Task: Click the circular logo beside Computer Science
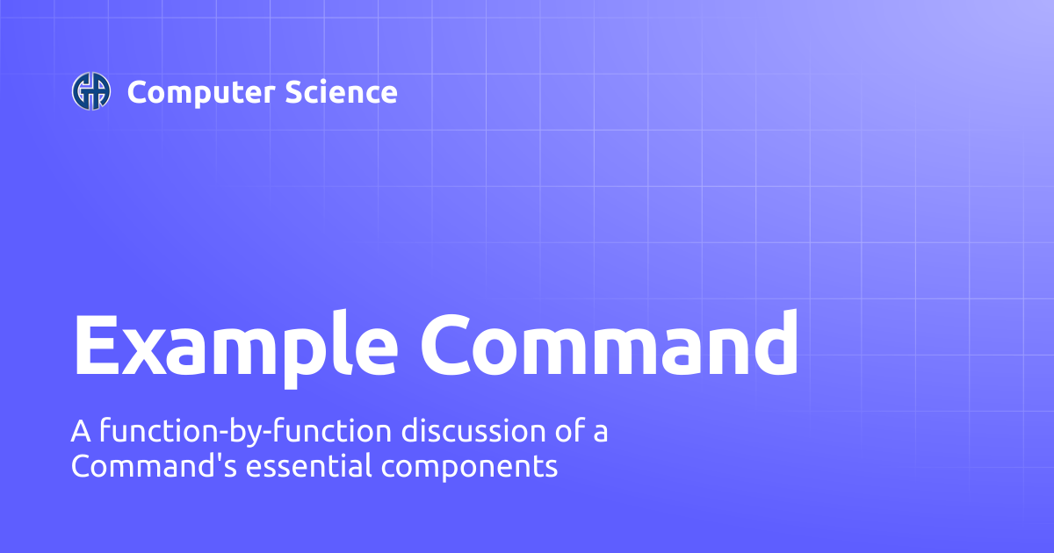(91, 91)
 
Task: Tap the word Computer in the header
(201, 93)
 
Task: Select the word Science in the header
(341, 92)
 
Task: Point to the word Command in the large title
(610, 343)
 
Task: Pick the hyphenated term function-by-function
(245, 432)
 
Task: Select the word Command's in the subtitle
(154, 465)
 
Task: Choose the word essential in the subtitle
(308, 465)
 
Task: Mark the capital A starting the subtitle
(81, 431)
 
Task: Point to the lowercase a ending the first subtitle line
(601, 434)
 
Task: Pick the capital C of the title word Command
(444, 344)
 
